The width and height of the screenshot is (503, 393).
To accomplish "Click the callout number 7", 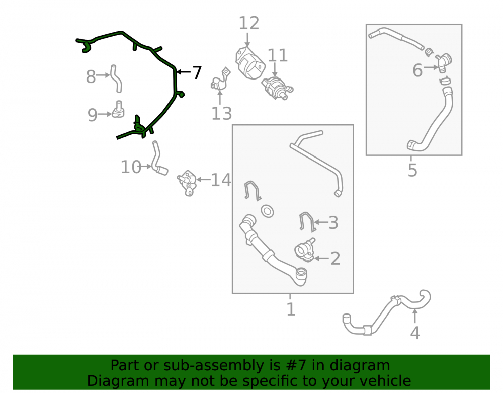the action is [197, 72].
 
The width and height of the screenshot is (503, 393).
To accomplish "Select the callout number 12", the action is [249, 23].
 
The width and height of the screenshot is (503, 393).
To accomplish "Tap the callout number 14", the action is [221, 180].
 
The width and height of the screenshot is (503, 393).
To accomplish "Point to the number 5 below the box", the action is [412, 170].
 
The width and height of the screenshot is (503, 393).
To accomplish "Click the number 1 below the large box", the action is [291, 309].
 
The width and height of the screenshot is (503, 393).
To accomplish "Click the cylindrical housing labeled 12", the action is [250, 62].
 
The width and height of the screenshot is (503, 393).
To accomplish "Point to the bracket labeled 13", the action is [221, 79].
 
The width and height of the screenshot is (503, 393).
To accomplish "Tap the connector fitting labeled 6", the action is [443, 62].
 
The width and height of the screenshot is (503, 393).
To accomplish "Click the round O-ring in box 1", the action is [267, 211].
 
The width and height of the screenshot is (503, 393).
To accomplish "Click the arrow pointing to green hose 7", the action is [183, 72].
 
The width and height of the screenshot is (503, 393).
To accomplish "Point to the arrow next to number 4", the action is [415, 316].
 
